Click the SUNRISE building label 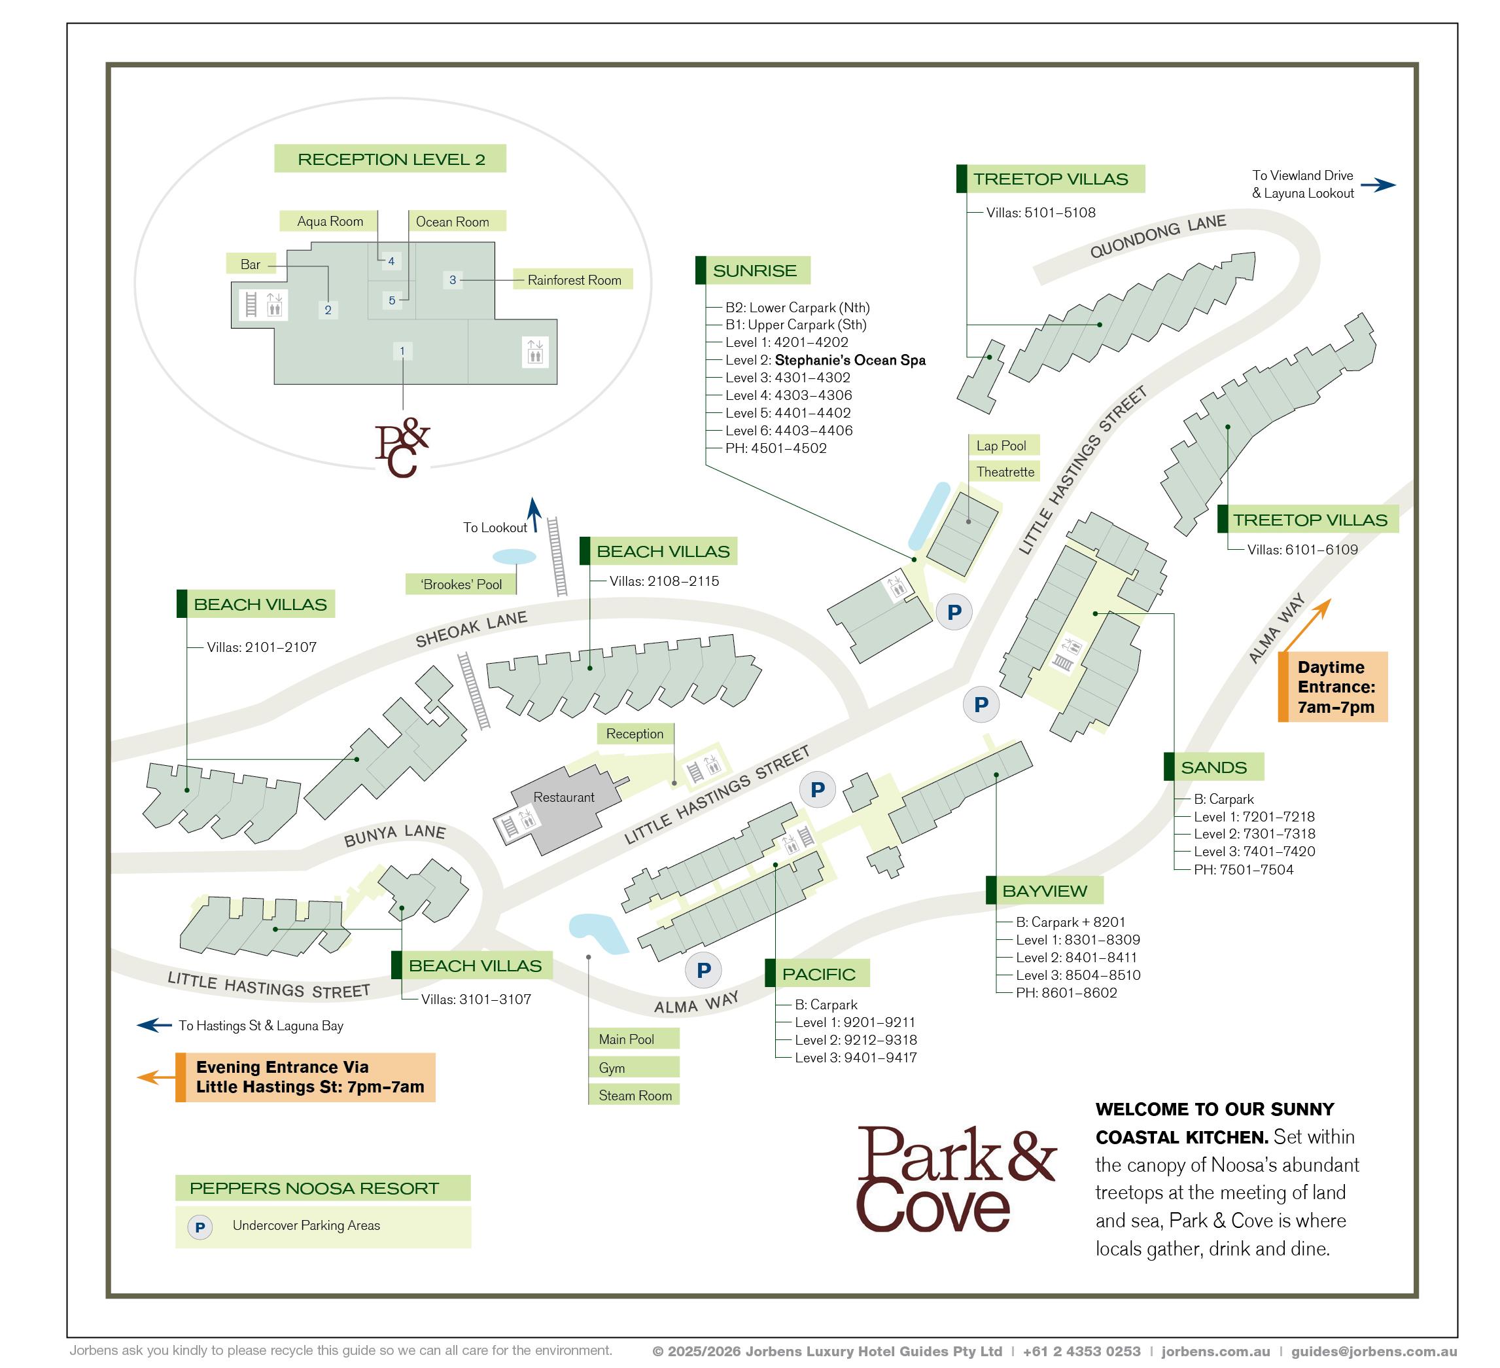point(754,271)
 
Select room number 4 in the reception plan point(391,261)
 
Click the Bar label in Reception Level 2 point(250,264)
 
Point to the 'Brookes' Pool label point(461,585)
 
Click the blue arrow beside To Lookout point(534,514)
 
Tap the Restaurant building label point(563,797)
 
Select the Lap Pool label point(1002,445)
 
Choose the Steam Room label point(635,1096)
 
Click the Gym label point(612,1068)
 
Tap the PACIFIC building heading point(818,973)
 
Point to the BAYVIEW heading point(1044,891)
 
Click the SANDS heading point(1213,767)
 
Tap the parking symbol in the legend point(200,1227)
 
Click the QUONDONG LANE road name point(1157,236)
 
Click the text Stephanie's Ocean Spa point(850,360)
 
